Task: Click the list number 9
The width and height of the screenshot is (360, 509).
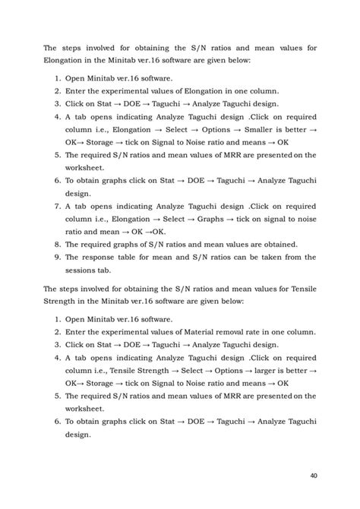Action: tap(59, 257)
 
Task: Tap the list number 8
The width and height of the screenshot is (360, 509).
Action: tap(59, 244)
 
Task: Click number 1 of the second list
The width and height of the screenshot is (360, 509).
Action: tap(59, 319)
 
